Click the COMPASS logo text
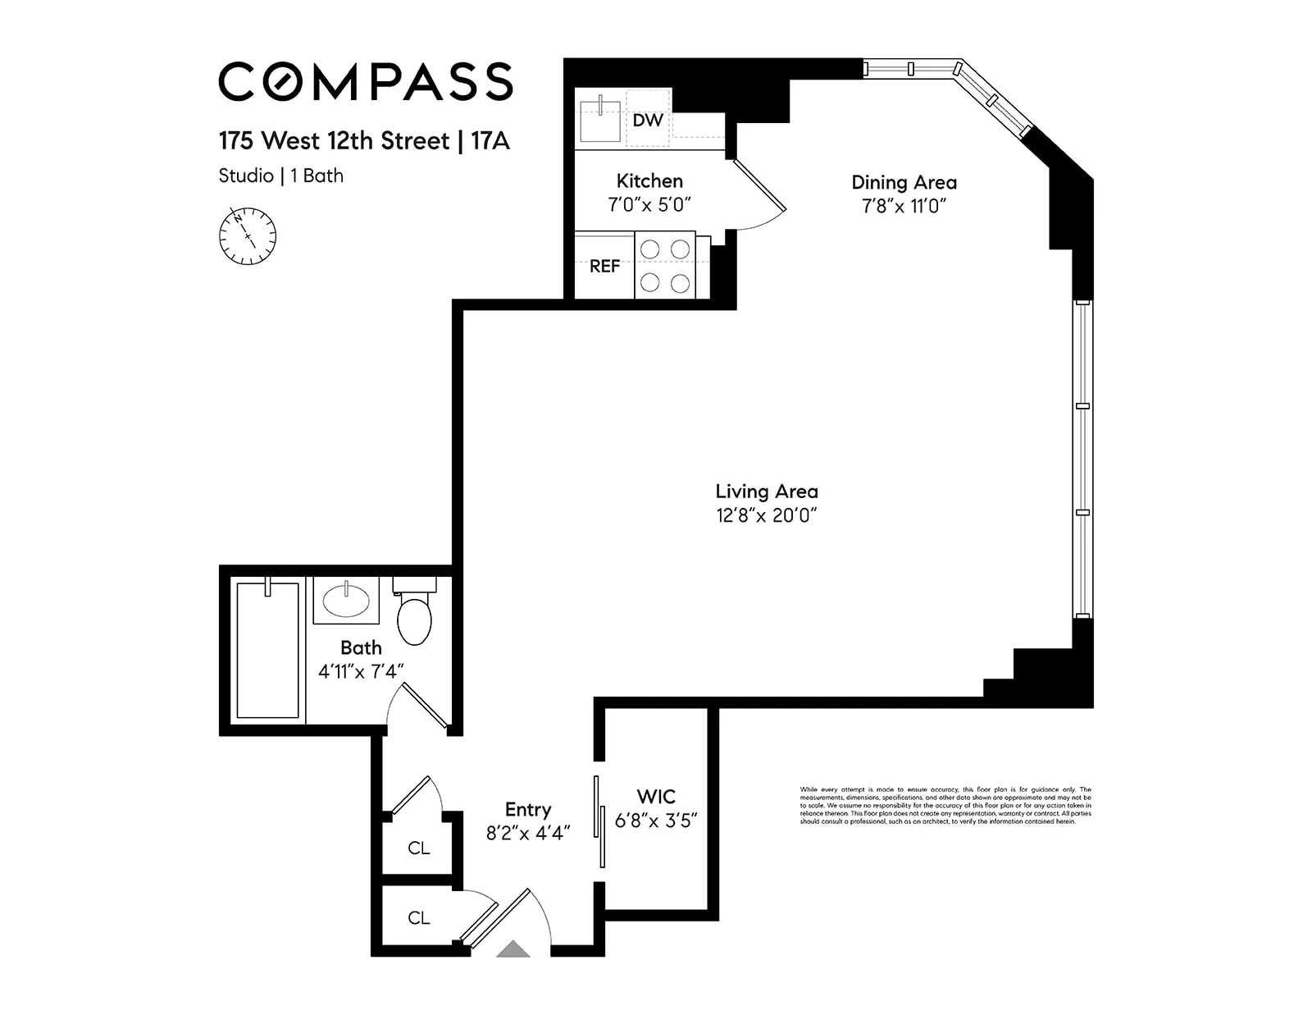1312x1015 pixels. (365, 81)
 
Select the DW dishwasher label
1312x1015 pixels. (648, 121)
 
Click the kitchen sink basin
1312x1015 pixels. (599, 121)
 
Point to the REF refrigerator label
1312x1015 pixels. (604, 267)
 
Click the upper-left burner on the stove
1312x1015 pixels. (649, 249)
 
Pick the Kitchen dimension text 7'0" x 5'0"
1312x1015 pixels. (649, 205)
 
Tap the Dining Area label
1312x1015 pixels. (904, 182)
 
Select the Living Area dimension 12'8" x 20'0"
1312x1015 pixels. (766, 515)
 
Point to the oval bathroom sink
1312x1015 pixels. (346, 601)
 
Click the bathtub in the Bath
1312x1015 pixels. (267, 650)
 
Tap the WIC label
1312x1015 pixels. (656, 797)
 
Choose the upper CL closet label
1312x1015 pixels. (418, 848)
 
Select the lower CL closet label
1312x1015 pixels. (418, 918)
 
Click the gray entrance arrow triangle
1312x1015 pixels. (514, 949)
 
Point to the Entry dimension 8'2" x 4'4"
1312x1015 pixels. (527, 834)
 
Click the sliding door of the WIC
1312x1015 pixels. (599, 821)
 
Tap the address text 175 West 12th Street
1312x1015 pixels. (334, 141)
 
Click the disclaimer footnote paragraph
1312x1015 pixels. (945, 805)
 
